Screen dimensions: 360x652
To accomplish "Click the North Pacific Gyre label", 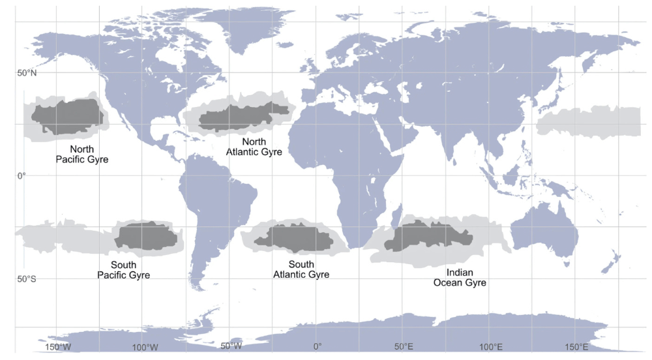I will (x=81, y=154).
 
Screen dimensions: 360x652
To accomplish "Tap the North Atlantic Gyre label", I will (x=254, y=147).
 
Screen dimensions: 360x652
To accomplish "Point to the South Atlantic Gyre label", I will (x=301, y=269).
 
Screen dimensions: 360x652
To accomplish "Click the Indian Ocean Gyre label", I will (x=460, y=277).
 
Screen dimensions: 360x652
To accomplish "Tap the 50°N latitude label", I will (x=27, y=73).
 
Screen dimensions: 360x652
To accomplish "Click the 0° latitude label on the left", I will (x=22, y=175).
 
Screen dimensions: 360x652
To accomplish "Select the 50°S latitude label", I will (x=27, y=279).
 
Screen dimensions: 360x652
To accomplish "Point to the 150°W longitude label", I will (x=58, y=346).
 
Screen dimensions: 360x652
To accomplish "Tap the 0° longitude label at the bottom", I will (x=317, y=346).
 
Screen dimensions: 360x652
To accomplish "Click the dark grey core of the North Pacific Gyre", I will (x=68, y=115).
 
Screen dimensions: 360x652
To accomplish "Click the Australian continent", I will (x=544, y=232).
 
